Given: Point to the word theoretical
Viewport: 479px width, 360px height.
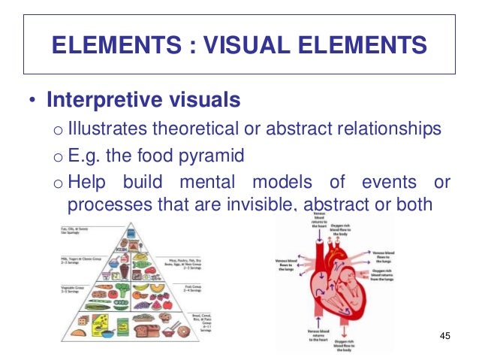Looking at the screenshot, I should (197, 130).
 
